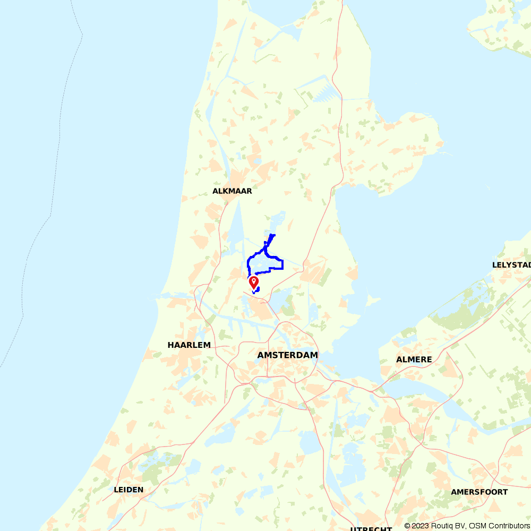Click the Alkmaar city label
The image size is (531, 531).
pyautogui.click(x=232, y=191)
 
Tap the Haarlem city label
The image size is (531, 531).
pyautogui.click(x=189, y=345)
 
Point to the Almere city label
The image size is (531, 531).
pyautogui.click(x=414, y=359)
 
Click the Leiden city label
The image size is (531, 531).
pyautogui.click(x=129, y=490)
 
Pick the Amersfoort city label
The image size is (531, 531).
pyautogui.click(x=479, y=492)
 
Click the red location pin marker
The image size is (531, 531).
pyautogui.click(x=254, y=281)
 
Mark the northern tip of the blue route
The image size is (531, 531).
pyautogui.click(x=273, y=235)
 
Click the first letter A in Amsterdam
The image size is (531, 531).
pyautogui.click(x=260, y=355)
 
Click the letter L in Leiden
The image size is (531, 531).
pyautogui.click(x=116, y=490)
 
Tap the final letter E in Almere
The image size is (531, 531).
pyautogui.click(x=429, y=359)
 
